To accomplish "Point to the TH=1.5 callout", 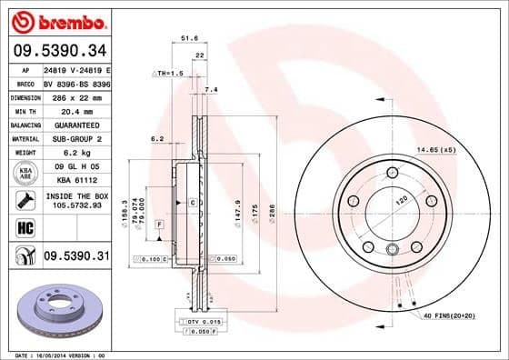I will point(166,71).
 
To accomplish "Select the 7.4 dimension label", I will point(212,89).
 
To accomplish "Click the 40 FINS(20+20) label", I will point(448,315).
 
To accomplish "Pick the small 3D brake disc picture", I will point(55,308).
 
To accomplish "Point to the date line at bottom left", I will point(55,354).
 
